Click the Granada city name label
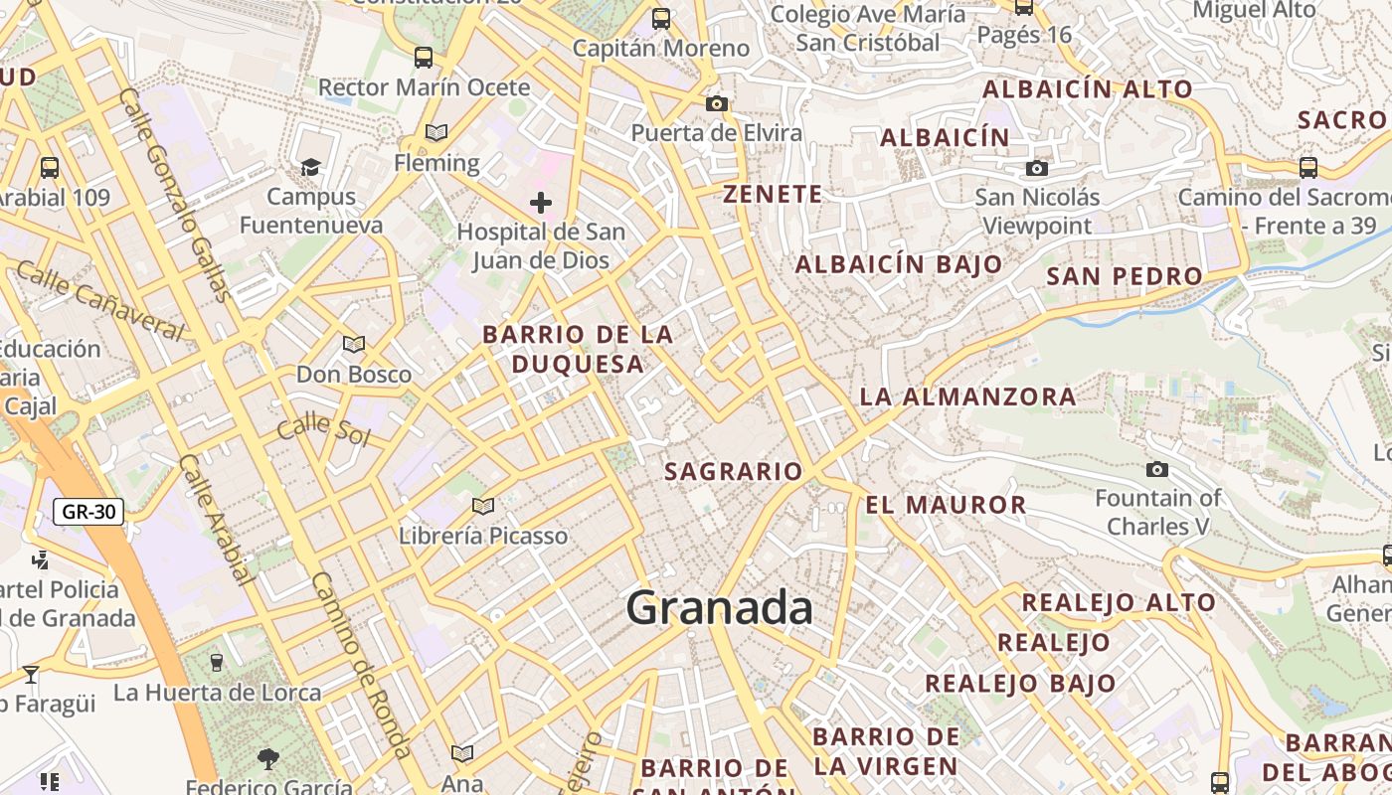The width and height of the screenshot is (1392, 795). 719,607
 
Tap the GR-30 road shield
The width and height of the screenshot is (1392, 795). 87,512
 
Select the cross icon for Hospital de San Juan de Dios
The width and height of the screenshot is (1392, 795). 540,203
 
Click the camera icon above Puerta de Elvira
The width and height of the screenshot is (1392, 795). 716,103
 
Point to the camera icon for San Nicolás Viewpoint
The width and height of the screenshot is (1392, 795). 1037,168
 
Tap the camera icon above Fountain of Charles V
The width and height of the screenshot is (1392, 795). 1157,469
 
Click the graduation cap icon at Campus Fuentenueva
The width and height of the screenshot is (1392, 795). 311,167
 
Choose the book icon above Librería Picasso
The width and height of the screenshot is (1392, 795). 483,506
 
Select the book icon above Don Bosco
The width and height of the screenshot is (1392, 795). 353,344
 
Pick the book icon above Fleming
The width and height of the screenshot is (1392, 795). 435,132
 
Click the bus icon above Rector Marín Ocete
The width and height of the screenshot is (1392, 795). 424,58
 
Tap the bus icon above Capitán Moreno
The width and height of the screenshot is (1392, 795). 661,19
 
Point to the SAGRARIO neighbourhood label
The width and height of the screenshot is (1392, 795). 733,471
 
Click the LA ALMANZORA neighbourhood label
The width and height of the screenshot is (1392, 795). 967,397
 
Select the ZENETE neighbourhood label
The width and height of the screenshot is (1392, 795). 773,194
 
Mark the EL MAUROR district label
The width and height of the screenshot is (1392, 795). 946,504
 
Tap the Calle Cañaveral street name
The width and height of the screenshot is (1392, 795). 100,299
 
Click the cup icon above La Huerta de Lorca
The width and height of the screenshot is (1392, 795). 217,662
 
